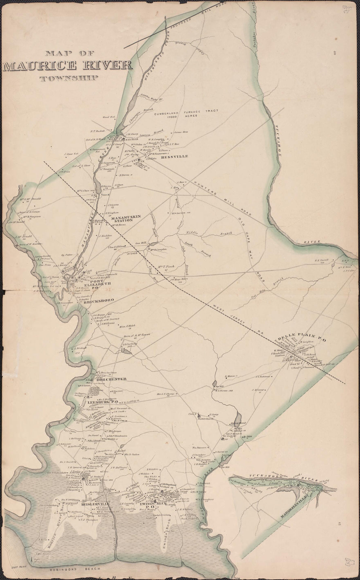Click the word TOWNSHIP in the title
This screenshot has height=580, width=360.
tap(69, 78)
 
